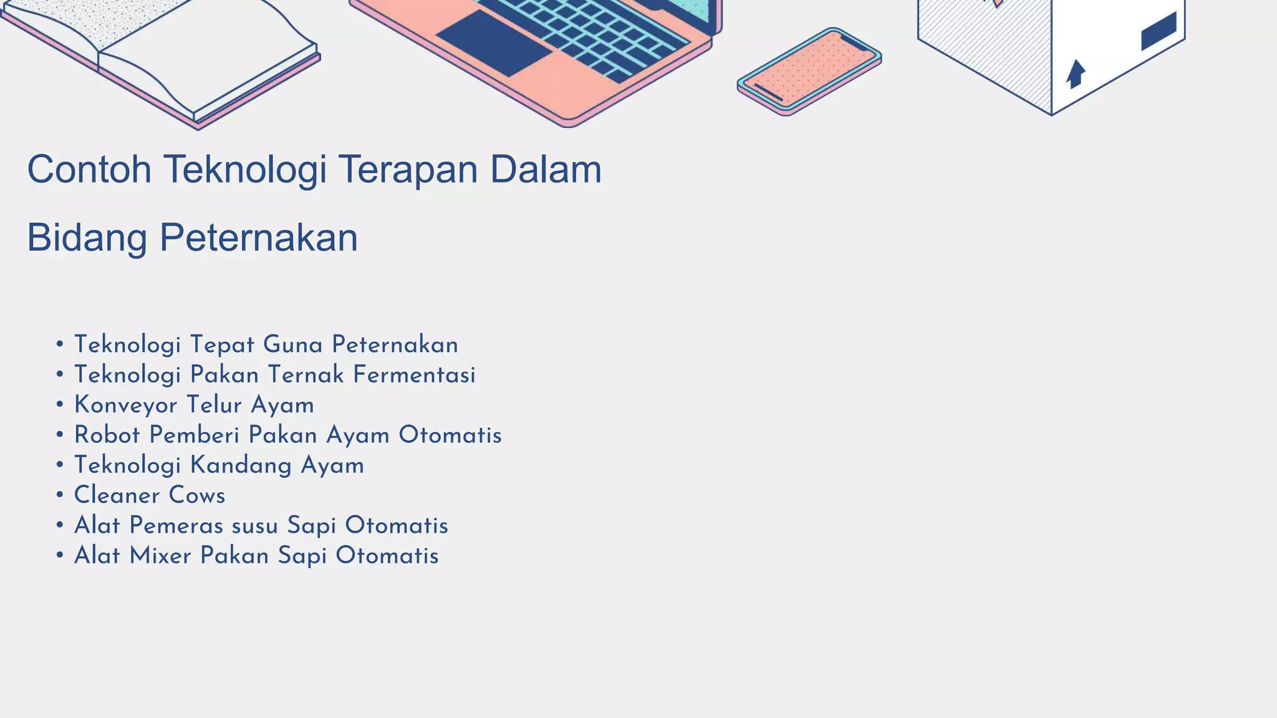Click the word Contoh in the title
coord(89,170)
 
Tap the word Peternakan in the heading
coord(258,238)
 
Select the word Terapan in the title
coord(408,170)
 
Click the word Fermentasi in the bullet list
coord(414,375)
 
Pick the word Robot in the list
coord(107,435)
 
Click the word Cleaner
coord(117,495)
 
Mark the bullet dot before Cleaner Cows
coord(60,495)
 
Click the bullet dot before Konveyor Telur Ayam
coord(60,405)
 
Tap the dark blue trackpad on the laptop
coord(493,43)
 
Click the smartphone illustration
coord(809,71)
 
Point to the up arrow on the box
coord(1075,74)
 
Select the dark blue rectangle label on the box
coord(1159,32)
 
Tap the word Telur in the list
coord(214,405)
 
